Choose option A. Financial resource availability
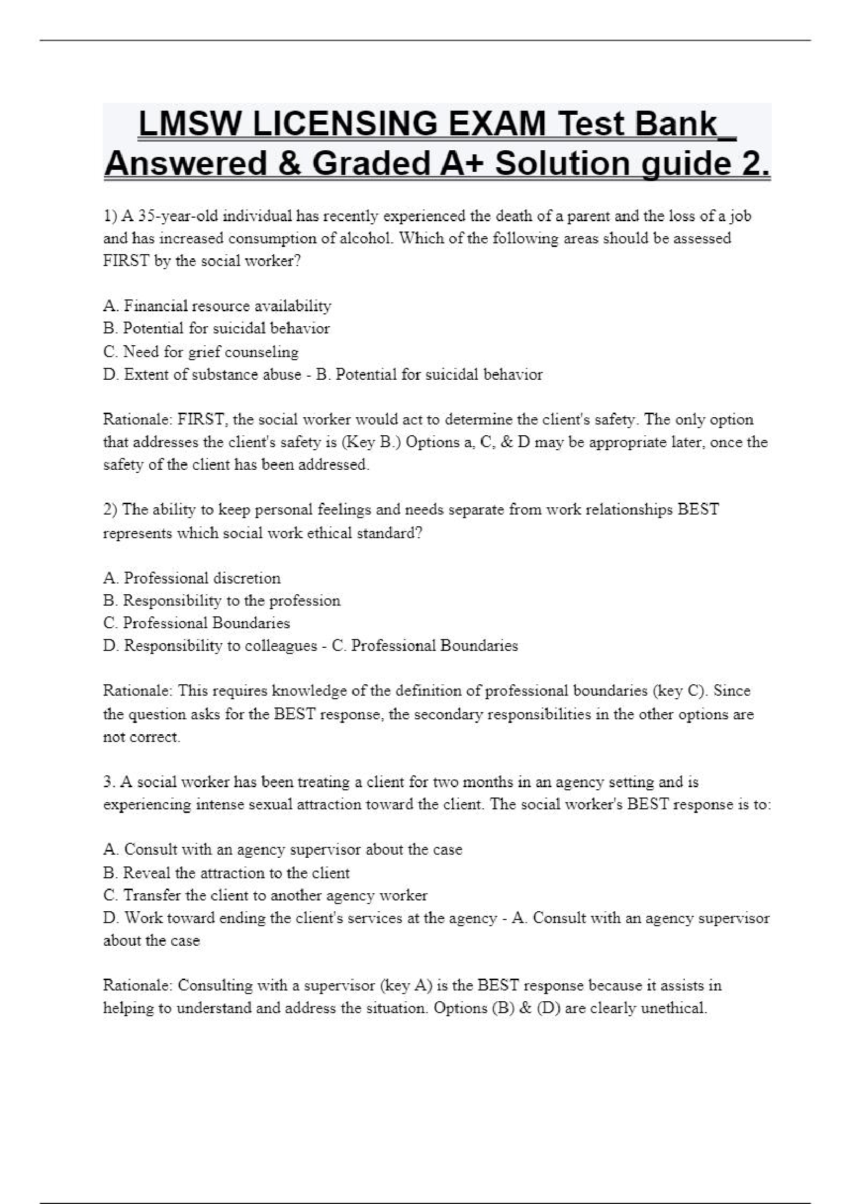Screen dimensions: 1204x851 [217, 306]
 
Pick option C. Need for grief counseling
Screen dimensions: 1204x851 [201, 351]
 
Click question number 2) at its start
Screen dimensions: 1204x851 [111, 509]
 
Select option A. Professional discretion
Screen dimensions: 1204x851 [192, 578]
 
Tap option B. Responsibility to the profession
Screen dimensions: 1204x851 [222, 600]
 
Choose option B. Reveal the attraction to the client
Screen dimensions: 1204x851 [226, 873]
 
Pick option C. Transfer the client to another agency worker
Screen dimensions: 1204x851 [265, 895]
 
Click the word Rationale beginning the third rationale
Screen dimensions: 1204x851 [137, 985]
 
